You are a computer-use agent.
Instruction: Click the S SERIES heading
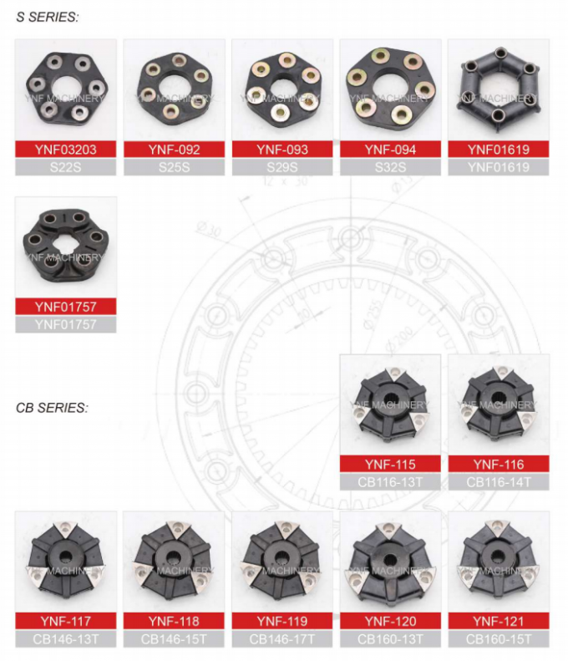48,18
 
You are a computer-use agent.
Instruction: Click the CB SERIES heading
51,409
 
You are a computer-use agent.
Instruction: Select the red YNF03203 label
66,150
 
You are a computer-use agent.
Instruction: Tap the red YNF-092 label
174,150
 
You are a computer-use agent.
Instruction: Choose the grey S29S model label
282,166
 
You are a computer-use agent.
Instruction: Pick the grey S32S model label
390,166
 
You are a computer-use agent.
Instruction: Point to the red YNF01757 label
66,307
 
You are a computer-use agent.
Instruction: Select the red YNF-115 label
390,465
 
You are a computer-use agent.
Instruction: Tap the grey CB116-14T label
499,481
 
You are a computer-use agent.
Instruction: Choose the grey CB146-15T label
174,639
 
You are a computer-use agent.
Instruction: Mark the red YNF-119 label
282,621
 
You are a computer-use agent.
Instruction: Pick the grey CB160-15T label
499,639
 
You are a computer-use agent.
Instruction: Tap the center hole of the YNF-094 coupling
390,87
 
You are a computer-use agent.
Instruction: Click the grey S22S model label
66,166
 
